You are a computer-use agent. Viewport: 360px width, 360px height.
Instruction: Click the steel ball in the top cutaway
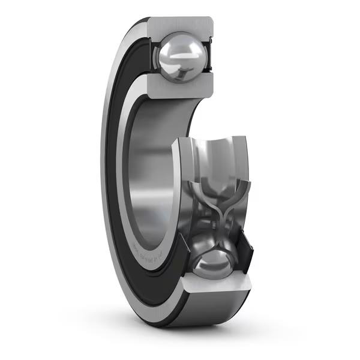(x=179, y=57)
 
